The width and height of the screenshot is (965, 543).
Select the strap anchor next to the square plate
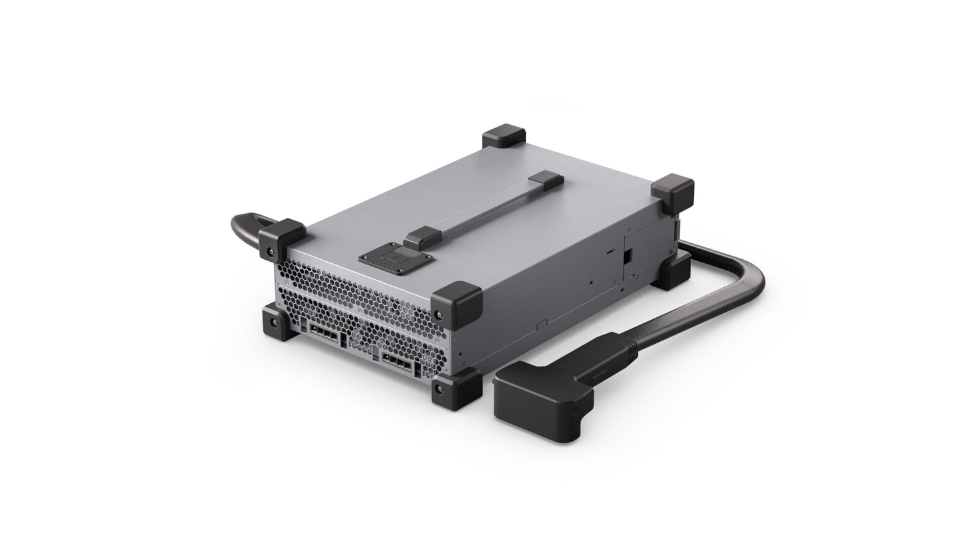pyautogui.click(x=422, y=237)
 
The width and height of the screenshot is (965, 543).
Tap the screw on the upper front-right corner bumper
pyautogui.click(x=438, y=313)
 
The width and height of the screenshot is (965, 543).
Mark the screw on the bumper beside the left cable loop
pyautogui.click(x=270, y=252)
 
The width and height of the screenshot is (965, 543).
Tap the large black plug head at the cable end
pyautogui.click(x=542, y=400)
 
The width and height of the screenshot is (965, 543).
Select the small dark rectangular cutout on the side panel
pyautogui.click(x=627, y=255)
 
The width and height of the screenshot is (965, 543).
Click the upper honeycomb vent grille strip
pyautogui.click(x=354, y=287)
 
